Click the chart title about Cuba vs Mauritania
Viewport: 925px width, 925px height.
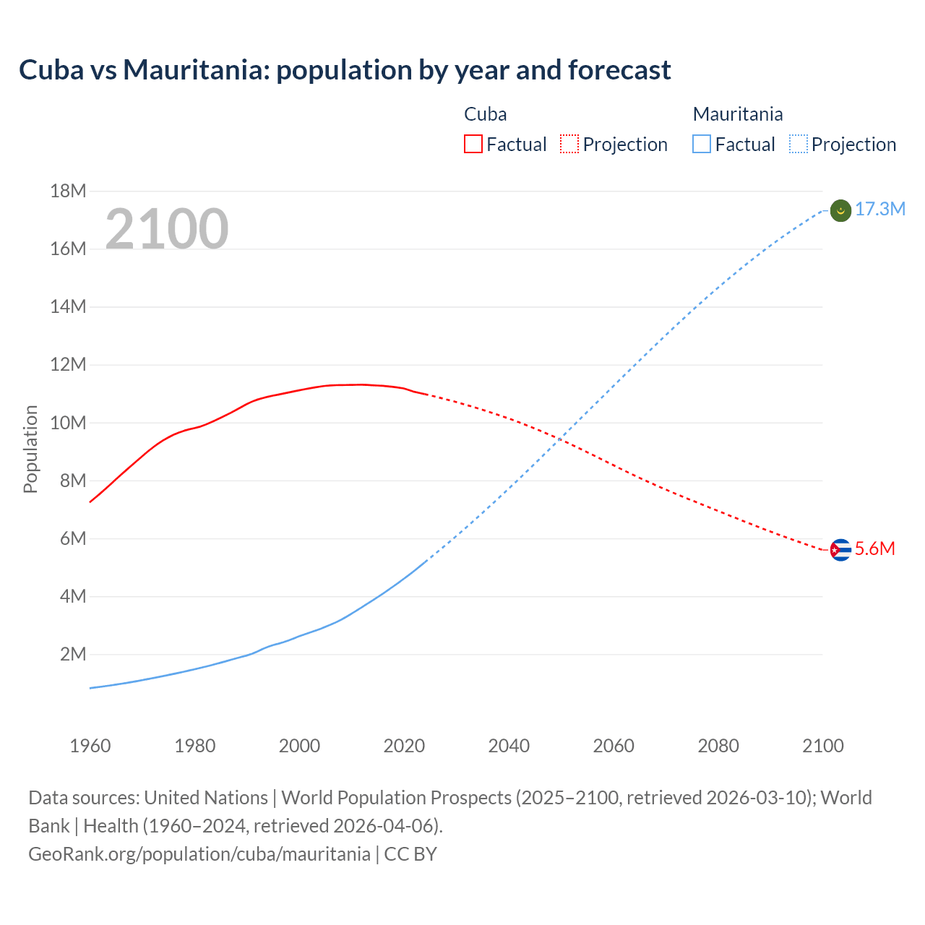pos(345,70)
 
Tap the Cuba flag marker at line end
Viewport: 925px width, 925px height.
pos(840,550)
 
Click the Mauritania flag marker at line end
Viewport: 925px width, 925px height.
pos(840,210)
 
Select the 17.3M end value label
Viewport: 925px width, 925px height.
pos(879,210)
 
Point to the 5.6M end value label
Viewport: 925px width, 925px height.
pos(874,549)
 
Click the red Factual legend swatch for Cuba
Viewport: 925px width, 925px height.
pos(473,145)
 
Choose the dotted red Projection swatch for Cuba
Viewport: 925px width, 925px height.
pos(569,145)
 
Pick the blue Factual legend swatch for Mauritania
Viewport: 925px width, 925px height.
pos(702,145)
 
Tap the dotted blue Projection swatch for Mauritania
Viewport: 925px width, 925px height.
pos(799,145)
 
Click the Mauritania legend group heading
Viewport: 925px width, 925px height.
pos(737,114)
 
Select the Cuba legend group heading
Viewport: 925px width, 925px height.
pos(485,114)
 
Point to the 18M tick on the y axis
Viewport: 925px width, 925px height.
pos(68,192)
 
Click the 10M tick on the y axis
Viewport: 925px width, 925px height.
pos(68,423)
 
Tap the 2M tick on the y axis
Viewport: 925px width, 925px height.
pos(73,655)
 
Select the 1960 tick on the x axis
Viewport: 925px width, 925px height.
pos(90,746)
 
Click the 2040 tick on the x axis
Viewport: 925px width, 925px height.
pos(509,746)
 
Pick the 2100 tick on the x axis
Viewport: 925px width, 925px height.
pos(822,746)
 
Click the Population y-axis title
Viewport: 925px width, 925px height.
pos(30,449)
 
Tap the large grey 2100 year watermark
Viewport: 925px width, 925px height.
pos(167,229)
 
